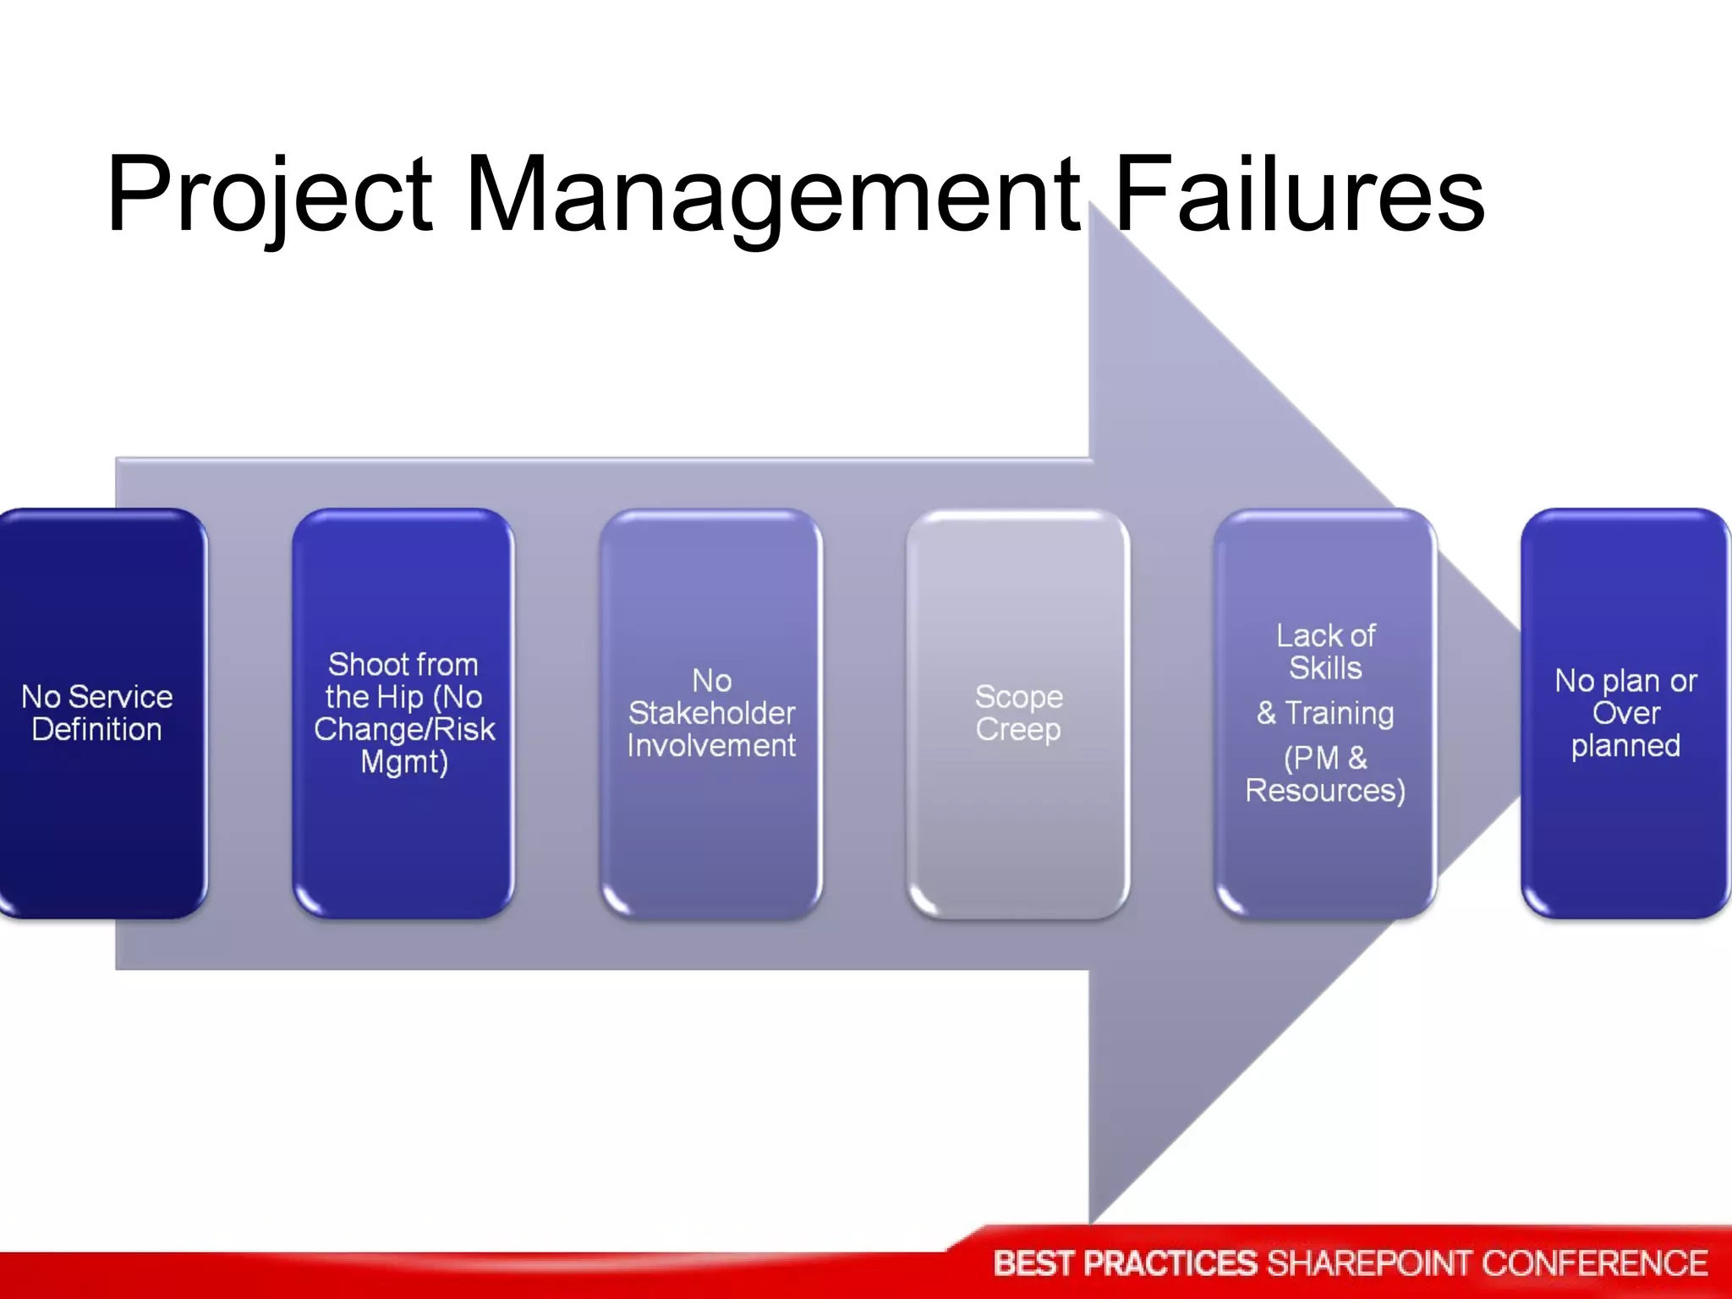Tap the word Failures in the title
point(1299,195)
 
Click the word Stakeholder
point(711,713)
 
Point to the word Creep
point(1018,729)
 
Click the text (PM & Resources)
point(1325,774)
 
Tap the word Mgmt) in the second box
point(403,762)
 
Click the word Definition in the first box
point(96,729)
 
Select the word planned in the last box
point(1625,746)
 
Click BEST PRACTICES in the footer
point(1125,1263)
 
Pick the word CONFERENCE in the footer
point(1594,1263)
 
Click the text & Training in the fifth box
point(1325,713)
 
